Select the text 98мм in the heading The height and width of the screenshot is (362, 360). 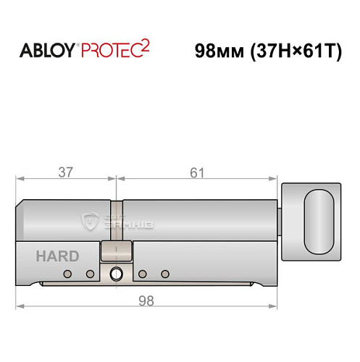(x=219, y=52)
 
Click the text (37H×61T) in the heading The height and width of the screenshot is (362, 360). (x=296, y=52)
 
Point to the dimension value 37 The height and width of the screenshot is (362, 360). (x=64, y=172)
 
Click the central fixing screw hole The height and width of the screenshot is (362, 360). (x=116, y=274)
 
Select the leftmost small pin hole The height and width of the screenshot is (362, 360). (x=68, y=274)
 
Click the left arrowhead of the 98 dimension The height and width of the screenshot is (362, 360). (x=20, y=306)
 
